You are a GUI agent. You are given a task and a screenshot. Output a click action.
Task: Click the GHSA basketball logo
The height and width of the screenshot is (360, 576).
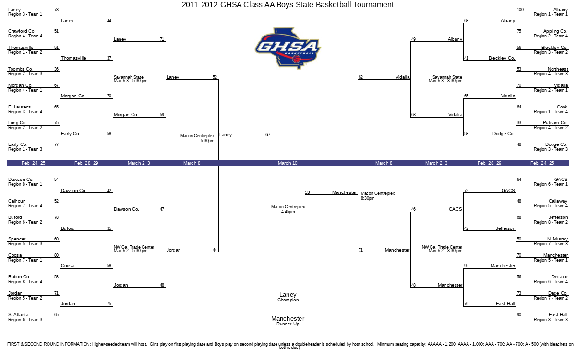point(288,48)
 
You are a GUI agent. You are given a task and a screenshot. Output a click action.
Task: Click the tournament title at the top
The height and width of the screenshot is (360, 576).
point(288,5)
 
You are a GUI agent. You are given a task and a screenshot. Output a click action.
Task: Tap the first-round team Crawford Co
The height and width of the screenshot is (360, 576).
point(21,31)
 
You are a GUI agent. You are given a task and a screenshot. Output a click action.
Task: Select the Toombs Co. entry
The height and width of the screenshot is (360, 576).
point(21,69)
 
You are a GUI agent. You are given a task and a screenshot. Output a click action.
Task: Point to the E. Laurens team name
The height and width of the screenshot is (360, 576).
point(19,107)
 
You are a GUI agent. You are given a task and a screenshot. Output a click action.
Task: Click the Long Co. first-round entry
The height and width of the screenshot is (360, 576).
point(18,123)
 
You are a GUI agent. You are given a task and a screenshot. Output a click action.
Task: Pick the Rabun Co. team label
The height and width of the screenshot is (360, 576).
point(19,277)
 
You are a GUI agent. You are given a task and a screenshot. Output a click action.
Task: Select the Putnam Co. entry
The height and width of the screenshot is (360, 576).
point(555,123)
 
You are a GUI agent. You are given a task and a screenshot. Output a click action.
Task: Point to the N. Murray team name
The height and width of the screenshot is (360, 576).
point(557,239)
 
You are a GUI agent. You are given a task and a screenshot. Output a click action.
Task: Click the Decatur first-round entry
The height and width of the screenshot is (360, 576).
point(560,277)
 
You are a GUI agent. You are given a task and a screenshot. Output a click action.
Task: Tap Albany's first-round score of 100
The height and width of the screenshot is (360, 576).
point(520,10)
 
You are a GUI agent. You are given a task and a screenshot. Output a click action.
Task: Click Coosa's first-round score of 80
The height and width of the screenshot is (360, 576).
point(56,255)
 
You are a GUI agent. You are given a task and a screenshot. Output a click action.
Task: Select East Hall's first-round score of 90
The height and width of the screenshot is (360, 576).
point(519,315)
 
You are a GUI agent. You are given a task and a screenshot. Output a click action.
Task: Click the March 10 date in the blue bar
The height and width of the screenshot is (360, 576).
point(288,163)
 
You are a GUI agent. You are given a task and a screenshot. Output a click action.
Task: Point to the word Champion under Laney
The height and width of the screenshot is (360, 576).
point(288,300)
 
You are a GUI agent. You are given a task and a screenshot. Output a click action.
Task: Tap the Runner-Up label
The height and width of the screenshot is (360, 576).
point(288,324)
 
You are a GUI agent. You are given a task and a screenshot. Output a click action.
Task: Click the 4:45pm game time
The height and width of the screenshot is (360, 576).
point(288,212)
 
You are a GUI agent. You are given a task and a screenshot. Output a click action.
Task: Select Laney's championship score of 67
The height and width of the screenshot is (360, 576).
point(268,135)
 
